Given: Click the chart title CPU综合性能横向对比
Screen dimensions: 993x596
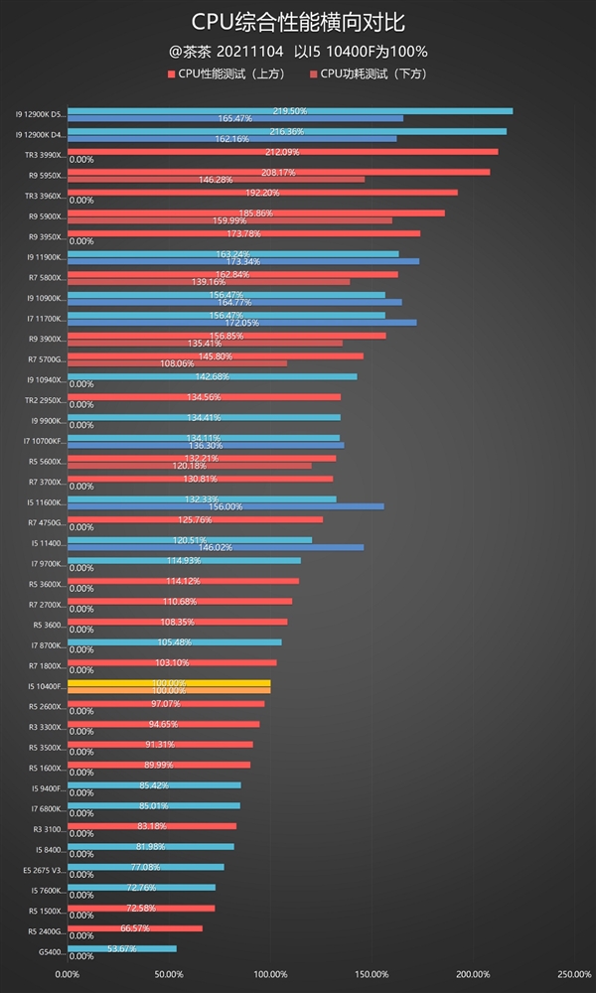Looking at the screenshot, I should pos(298,21).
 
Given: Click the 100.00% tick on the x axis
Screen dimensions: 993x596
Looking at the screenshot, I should pos(269,973).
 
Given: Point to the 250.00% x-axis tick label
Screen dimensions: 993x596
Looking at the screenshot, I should pos(574,973).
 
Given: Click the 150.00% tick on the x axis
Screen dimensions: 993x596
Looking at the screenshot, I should pos(371,973).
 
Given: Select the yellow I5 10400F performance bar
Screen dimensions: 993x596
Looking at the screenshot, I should pos(169,683).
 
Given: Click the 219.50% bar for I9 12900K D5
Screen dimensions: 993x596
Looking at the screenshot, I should pos(290,110).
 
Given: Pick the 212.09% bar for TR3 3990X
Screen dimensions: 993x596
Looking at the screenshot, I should pos(282,152).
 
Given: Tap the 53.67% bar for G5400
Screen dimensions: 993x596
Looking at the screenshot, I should pos(121,949).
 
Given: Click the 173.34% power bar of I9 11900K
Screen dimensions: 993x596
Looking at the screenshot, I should pos(243,261).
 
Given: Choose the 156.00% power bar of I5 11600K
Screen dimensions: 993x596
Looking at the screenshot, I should pos(225,506).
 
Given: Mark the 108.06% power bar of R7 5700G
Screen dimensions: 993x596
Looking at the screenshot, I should pos(177,363).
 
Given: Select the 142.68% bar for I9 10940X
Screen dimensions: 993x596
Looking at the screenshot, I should pos(212,376).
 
